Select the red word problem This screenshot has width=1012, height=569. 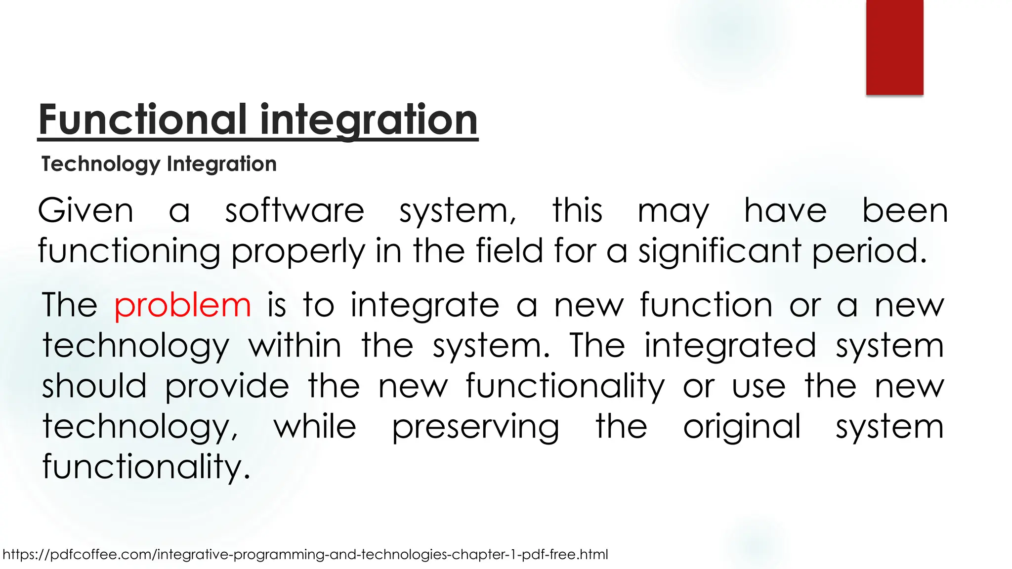(x=183, y=305)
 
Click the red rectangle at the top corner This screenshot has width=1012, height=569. (x=894, y=47)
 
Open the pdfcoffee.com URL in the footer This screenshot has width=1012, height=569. (x=305, y=554)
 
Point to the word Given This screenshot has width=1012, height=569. (x=85, y=211)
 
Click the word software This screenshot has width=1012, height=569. (x=295, y=211)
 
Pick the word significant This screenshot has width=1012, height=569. (x=719, y=251)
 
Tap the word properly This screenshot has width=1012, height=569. (x=298, y=251)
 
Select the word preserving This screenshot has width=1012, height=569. (x=475, y=427)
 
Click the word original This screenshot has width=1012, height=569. (x=741, y=427)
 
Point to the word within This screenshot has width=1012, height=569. (x=295, y=345)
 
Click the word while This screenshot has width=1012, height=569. (x=315, y=427)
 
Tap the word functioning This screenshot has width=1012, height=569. (x=128, y=251)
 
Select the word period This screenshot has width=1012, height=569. (x=869, y=251)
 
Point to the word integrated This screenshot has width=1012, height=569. (x=730, y=345)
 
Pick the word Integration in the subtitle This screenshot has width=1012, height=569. (x=222, y=164)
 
